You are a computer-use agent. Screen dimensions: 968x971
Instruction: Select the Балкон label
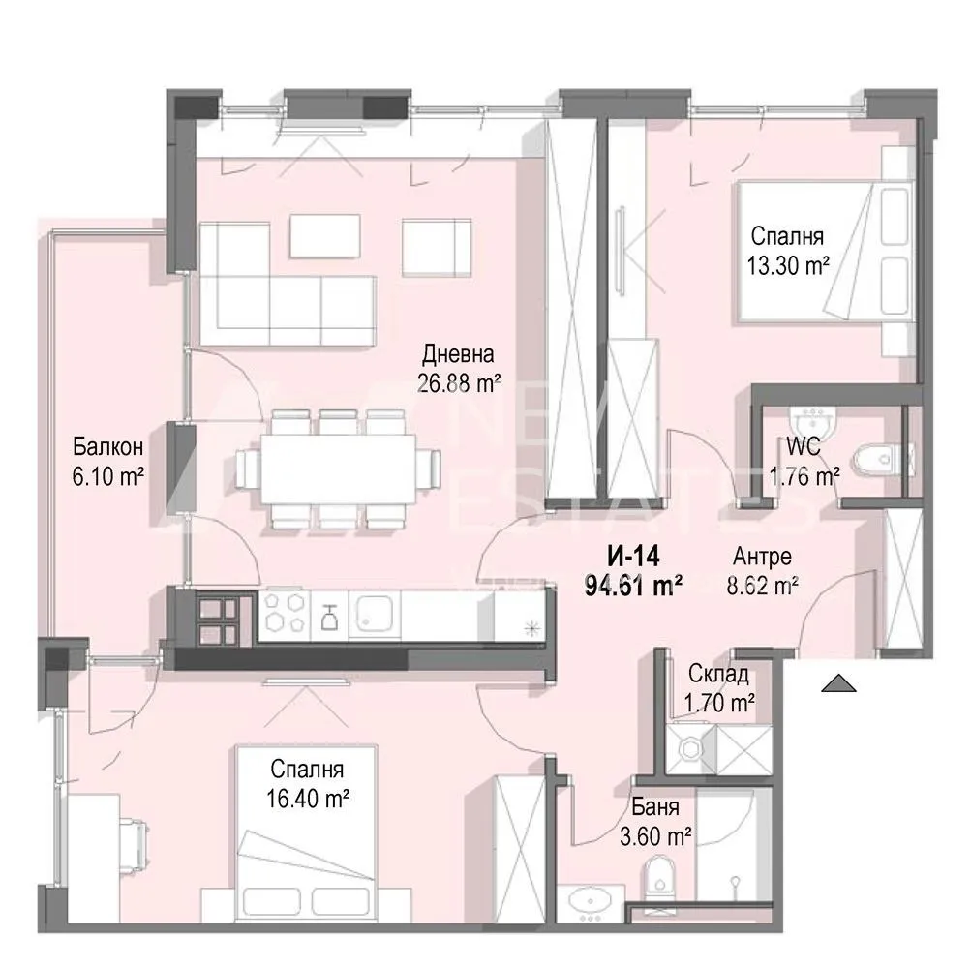click(x=107, y=447)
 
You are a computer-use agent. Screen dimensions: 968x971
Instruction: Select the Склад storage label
click(x=717, y=675)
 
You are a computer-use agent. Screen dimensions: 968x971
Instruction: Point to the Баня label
click(x=655, y=807)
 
